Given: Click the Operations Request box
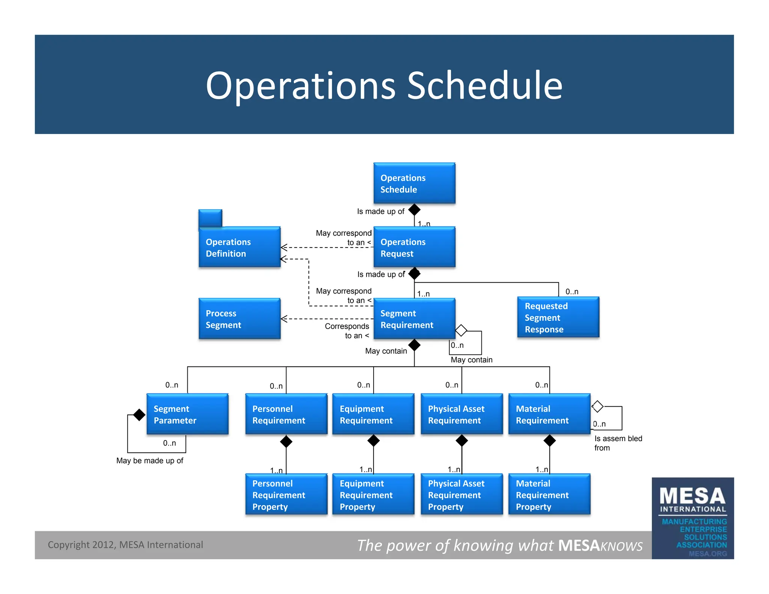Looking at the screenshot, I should [x=414, y=247].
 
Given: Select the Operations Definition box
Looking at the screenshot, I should [x=240, y=247].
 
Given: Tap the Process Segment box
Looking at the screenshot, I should [x=240, y=318].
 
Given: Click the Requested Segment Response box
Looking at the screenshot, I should [x=558, y=317].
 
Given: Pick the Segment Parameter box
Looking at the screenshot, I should [x=187, y=414].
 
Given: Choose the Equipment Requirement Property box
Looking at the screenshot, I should [x=373, y=494].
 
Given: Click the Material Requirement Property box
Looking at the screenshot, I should [x=549, y=494].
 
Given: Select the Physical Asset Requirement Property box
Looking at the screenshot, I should [x=461, y=494].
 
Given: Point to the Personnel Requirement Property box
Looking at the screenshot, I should [x=286, y=494].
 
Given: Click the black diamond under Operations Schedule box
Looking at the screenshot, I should [x=414, y=210].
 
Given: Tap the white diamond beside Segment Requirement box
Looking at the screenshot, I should [x=461, y=330].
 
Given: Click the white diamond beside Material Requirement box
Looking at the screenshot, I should [x=597, y=406].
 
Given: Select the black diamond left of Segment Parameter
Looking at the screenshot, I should [x=139, y=415].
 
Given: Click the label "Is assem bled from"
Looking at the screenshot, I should [x=618, y=443].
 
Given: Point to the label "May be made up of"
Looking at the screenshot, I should [x=150, y=461].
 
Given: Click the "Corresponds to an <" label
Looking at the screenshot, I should [x=347, y=331].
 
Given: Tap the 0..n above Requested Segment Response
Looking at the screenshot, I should [x=571, y=292].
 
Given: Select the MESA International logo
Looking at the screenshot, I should [x=693, y=518].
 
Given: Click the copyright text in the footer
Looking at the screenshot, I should [x=125, y=545].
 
